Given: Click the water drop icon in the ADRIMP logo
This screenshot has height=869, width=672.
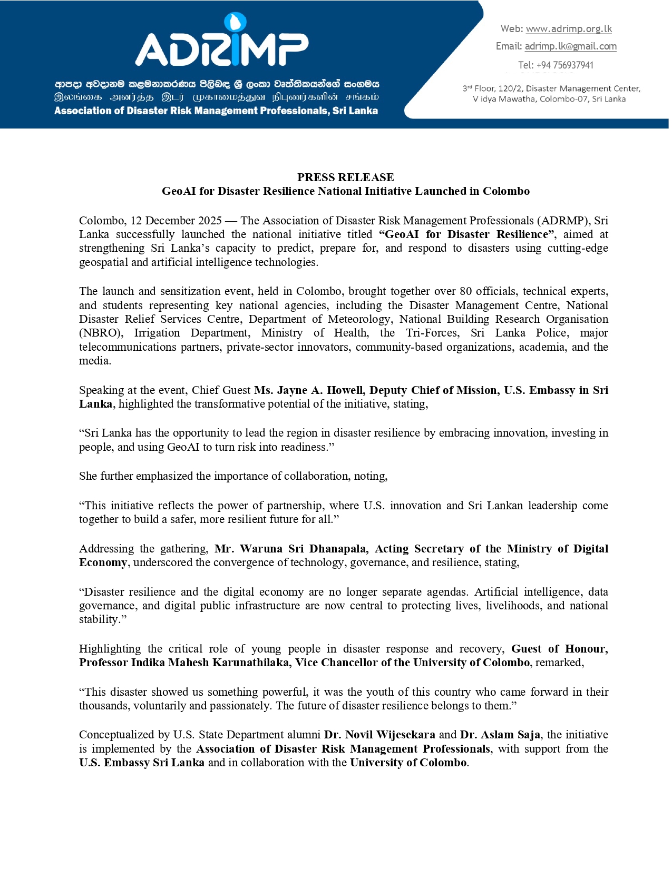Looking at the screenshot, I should click(x=235, y=22).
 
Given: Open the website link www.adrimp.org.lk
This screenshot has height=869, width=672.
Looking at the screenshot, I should click(x=569, y=29).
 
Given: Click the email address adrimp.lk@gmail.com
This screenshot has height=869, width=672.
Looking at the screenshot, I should click(x=570, y=46).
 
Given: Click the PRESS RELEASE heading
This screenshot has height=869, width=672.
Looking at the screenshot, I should click(x=345, y=177).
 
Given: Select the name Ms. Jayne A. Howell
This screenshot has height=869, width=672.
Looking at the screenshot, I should click(x=308, y=390).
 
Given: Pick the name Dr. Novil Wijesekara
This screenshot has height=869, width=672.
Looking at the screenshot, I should click(x=379, y=735).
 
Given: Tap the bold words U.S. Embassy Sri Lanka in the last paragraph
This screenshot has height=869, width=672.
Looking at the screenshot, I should click(x=142, y=763).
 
